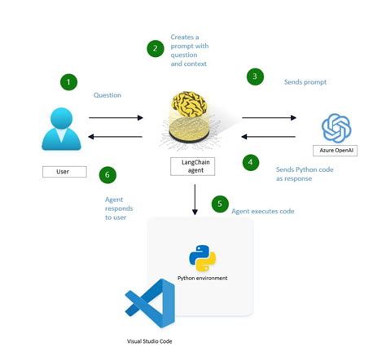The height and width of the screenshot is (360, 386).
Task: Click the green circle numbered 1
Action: pos(70,82)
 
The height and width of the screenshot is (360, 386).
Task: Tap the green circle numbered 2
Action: pos(155,49)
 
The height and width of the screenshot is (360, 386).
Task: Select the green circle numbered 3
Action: pos(255,77)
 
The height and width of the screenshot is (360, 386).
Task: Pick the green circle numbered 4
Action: pos(252,162)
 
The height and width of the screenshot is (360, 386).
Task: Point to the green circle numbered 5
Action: pos(220,204)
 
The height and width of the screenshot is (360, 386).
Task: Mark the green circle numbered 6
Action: pos(106,174)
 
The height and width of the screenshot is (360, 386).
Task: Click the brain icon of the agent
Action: pos(195,108)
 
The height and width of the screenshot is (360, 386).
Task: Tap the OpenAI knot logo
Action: pos(336,128)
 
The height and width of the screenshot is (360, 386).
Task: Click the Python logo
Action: pos(203,257)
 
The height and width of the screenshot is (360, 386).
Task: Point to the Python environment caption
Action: pos(203,279)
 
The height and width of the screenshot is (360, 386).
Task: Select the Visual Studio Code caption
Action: pos(149,340)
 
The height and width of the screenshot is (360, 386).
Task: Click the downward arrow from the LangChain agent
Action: pos(195,200)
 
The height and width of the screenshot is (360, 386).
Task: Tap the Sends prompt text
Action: pos(305,82)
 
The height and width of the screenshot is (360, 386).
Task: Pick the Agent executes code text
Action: pos(263,212)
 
